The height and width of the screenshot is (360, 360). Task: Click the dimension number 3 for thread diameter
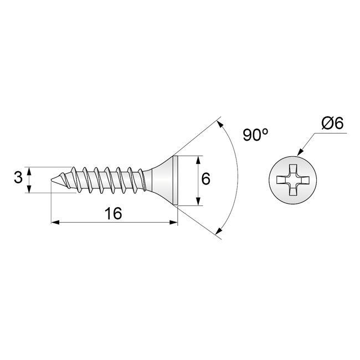click(18, 178)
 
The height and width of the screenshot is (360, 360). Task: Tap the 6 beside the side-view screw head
click(206, 179)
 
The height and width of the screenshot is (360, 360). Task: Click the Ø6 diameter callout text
click(333, 123)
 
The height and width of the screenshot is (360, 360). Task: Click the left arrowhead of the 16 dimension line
click(54, 223)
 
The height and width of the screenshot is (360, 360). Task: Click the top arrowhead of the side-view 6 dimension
click(198, 159)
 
